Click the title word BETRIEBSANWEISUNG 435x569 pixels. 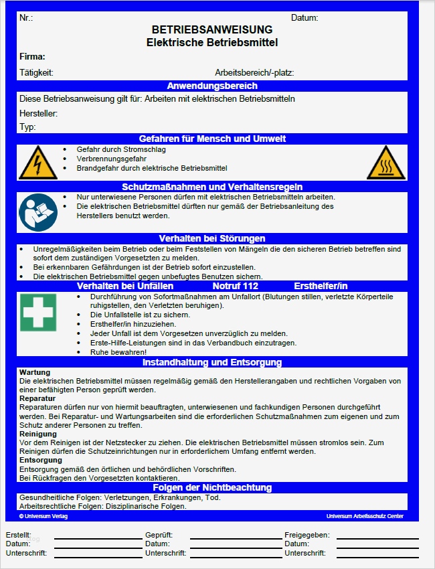(211, 30)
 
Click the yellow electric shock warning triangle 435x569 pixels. (37, 163)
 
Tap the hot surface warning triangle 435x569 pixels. (386, 163)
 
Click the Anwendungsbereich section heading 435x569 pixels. (211, 86)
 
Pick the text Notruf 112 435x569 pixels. (235, 286)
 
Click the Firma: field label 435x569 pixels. (32, 57)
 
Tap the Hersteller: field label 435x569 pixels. (38, 114)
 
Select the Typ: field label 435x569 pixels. (27, 127)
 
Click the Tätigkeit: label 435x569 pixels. (36, 72)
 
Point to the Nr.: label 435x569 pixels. (26, 18)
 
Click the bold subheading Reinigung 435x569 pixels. (38, 434)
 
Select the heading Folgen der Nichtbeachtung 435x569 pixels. (211, 487)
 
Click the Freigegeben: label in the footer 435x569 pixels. (307, 535)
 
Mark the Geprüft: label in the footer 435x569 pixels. (159, 535)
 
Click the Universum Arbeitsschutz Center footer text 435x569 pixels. (365, 516)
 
